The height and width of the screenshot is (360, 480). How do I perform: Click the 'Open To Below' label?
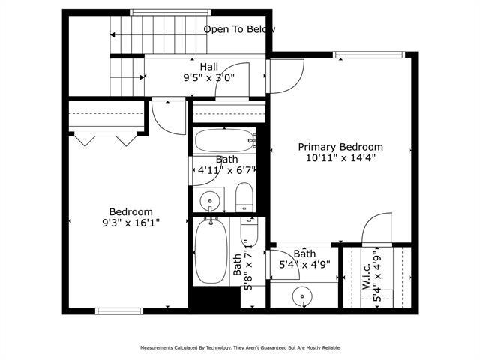point(239,29)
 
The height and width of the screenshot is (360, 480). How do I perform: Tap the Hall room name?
point(209,67)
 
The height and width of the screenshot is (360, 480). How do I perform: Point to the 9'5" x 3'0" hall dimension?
point(209,77)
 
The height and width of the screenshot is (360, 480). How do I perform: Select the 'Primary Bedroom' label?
point(340,147)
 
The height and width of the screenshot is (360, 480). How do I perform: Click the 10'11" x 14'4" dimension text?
point(340,158)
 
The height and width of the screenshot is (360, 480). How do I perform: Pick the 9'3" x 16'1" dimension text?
point(131,223)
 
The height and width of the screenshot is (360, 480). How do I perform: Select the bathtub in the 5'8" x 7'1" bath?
point(205,252)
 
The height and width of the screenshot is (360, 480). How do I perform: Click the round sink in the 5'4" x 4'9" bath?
point(303,295)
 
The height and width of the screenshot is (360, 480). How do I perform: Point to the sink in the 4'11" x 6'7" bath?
point(210,200)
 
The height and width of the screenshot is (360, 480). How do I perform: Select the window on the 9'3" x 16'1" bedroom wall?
point(119,310)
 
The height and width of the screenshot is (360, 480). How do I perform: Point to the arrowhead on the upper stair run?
point(113,34)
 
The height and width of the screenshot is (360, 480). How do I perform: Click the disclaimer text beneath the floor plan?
point(240,348)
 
